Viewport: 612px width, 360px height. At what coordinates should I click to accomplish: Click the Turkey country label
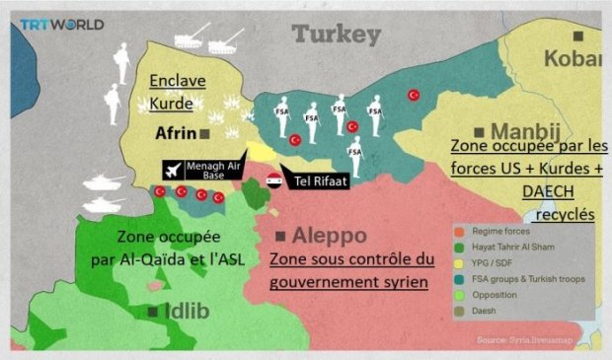(x=336, y=36)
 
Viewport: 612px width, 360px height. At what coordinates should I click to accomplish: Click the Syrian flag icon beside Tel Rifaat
(x=274, y=180)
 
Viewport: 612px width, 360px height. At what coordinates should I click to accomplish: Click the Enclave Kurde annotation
(x=179, y=92)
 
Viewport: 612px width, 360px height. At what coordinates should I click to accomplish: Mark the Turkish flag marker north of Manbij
(x=415, y=95)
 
